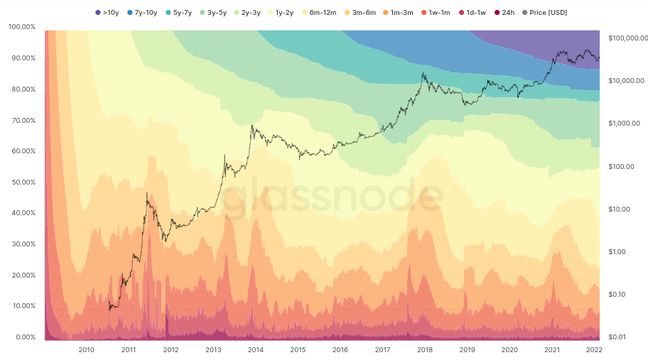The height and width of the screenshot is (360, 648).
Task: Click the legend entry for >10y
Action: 107,13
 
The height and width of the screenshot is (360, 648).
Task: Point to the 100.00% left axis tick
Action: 22,27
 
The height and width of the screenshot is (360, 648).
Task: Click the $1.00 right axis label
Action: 618,252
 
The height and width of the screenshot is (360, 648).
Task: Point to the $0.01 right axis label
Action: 618,337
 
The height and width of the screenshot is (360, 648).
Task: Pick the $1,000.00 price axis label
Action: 624,124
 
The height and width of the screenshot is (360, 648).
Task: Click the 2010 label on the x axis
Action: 86,350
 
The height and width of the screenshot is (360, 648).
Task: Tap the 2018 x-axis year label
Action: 425,350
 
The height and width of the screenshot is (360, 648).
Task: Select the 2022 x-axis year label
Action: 594,350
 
